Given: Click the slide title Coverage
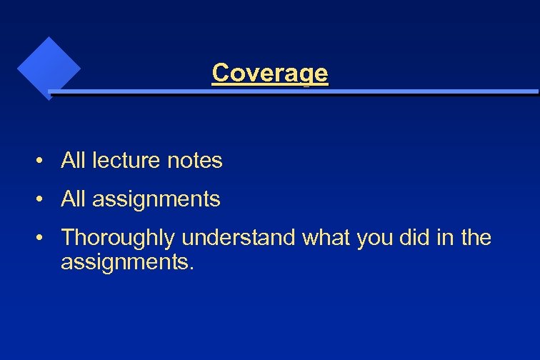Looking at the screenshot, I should click(x=270, y=73).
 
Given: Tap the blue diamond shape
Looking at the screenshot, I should click(x=49, y=67).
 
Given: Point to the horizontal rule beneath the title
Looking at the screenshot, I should click(x=293, y=92).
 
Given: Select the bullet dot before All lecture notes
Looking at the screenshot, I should click(x=44, y=161).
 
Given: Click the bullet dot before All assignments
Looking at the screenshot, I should click(x=44, y=200).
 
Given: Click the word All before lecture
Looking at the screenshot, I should click(x=73, y=161).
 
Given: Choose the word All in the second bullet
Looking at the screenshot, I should click(x=73, y=199).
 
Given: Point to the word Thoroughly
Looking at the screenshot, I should click(x=119, y=238).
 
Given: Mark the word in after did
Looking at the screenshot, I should click(x=443, y=238).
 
